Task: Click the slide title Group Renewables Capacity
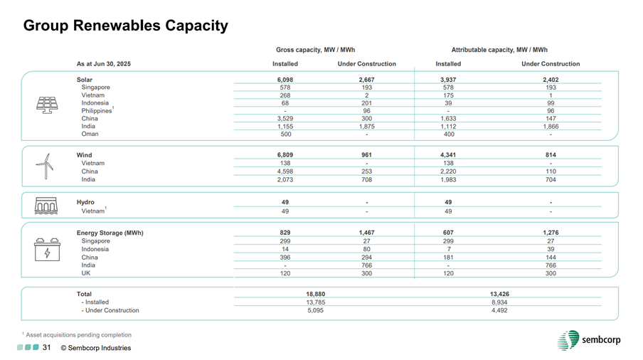pos(126,26)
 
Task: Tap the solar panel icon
pos(48,105)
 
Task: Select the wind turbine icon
pos(45,166)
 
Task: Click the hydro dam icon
pos(46,206)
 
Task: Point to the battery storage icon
pos(47,251)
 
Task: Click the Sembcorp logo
pos(589,340)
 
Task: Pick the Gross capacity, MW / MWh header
pos(315,50)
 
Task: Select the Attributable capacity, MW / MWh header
pos(499,50)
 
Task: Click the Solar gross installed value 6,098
pos(285,80)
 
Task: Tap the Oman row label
pos(90,134)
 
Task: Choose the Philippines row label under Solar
pos(97,111)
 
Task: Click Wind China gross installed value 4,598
pos(285,171)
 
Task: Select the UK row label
pos(86,272)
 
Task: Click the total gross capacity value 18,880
pos(314,294)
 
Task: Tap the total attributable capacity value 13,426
pos(499,294)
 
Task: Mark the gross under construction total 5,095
pos(314,310)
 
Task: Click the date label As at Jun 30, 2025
pos(103,64)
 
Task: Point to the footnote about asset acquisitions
pos(77,334)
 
